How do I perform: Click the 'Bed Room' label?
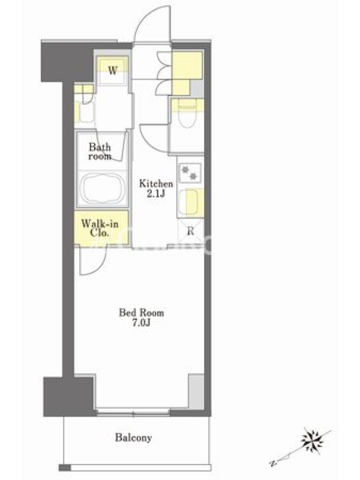click(x=142, y=313)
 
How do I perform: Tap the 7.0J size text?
click(x=141, y=323)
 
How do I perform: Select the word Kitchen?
click(x=156, y=184)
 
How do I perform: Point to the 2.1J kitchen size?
click(x=156, y=194)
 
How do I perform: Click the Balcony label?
click(x=133, y=438)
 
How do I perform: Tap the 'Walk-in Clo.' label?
click(x=100, y=228)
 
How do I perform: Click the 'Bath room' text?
click(x=100, y=152)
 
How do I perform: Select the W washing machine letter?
click(x=113, y=71)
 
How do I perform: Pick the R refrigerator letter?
click(x=190, y=231)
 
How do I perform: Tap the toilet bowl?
click(x=187, y=117)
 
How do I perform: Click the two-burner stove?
click(x=190, y=172)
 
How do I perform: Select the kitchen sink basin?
click(x=188, y=202)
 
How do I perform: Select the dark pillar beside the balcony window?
click(x=68, y=397)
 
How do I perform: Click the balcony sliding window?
click(x=133, y=412)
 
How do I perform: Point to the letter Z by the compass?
click(x=272, y=463)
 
